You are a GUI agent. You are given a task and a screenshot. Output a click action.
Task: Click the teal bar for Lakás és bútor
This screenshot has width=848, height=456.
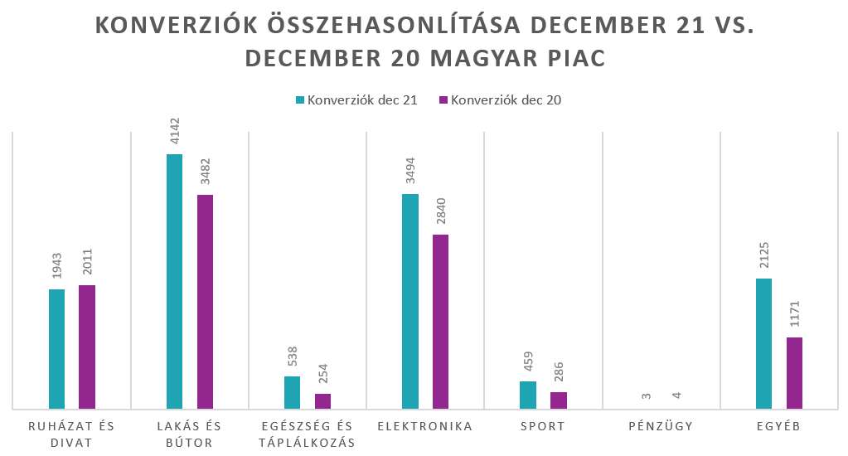(x=174, y=282)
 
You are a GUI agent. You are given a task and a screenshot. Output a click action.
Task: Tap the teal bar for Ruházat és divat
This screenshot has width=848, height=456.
(x=56, y=349)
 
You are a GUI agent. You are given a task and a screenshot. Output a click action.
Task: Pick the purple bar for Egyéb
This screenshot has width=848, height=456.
(x=794, y=373)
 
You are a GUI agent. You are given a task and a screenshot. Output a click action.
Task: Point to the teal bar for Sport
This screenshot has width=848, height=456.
(x=527, y=395)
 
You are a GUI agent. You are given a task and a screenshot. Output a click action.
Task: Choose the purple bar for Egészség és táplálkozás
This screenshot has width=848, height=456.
(x=322, y=401)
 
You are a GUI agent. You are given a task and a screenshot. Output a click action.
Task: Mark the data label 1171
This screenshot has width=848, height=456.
(x=795, y=316)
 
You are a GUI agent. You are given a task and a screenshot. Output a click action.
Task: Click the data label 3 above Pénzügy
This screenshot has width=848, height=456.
(x=646, y=395)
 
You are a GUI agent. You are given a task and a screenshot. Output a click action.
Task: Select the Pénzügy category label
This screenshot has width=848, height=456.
(x=661, y=427)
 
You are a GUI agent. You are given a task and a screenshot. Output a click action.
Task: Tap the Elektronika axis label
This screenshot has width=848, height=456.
(x=424, y=427)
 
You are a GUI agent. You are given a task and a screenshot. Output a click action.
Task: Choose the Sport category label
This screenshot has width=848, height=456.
(x=543, y=427)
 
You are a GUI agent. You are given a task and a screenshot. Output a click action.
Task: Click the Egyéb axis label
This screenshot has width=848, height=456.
(x=778, y=427)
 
